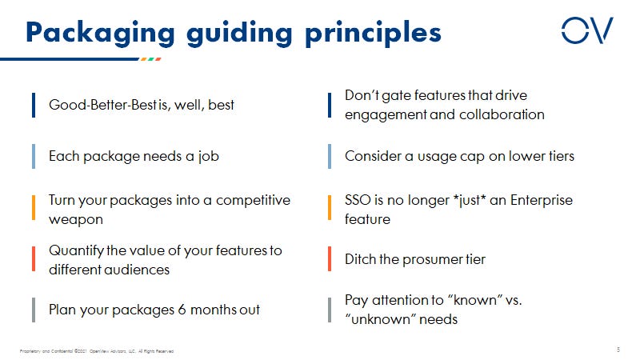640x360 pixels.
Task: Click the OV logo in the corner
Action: [x=586, y=30]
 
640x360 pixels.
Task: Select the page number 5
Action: [x=618, y=349]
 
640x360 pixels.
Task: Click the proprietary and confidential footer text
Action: [x=96, y=350]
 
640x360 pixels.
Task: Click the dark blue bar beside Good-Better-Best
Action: [x=34, y=105]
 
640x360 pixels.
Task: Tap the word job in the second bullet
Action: [x=208, y=157]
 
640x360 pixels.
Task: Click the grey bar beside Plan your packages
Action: [x=34, y=310]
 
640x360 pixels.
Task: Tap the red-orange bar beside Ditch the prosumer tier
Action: [x=330, y=259]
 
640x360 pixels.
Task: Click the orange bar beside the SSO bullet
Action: [x=330, y=208]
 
